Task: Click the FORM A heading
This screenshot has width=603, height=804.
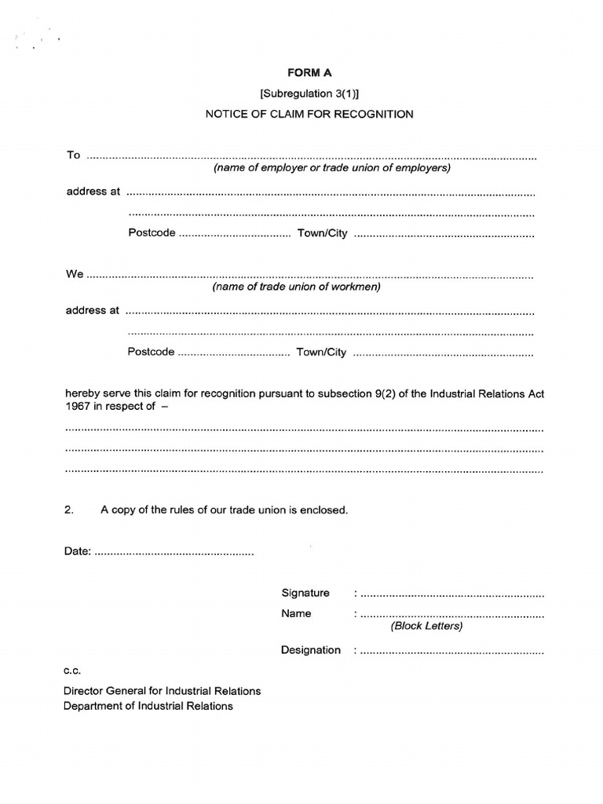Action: point(309,72)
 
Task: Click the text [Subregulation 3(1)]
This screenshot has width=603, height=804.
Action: point(309,93)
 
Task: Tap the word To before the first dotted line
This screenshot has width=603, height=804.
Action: point(73,155)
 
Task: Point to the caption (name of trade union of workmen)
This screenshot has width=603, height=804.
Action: point(296,287)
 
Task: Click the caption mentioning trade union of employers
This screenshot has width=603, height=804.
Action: point(332,168)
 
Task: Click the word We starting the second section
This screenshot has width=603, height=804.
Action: point(75,274)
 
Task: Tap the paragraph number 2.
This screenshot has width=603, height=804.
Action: point(68,510)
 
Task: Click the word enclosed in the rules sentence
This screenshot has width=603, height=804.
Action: point(323,510)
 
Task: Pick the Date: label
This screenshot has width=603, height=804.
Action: point(77,551)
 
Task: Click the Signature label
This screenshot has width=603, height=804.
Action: point(305,593)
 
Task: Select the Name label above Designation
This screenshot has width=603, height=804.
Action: point(296,613)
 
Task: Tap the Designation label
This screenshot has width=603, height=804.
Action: point(311,650)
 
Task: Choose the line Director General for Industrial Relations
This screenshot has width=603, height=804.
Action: point(163,691)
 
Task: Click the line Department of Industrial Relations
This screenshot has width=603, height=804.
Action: point(148,706)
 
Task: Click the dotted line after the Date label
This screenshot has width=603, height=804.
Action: point(174,553)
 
